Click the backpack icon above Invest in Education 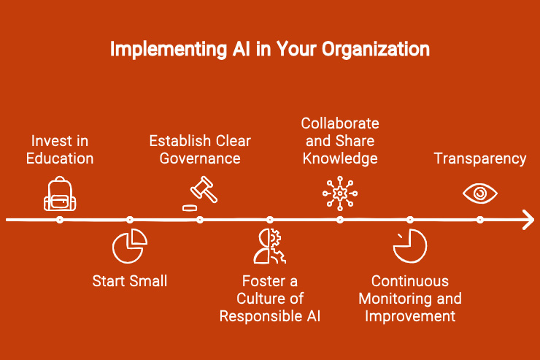tap(60, 193)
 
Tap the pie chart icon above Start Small tap(130, 246)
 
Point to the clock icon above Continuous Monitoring tap(409, 246)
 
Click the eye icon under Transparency tap(480, 193)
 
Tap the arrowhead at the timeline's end tap(528, 220)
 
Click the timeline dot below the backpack tap(60, 220)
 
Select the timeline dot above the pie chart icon tap(130, 220)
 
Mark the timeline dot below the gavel tap(200, 220)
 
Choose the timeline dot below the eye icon tap(480, 220)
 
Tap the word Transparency tap(480, 158)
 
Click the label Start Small tap(130, 280)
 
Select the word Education tap(60, 158)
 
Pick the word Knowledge tap(340, 158)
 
